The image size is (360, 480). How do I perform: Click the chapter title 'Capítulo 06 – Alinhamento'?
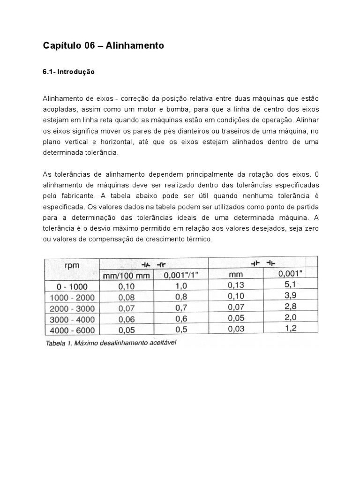point(104,45)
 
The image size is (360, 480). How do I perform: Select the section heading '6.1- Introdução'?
point(69,72)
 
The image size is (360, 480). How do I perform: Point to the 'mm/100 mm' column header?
point(126,276)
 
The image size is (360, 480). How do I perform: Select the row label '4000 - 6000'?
point(72,330)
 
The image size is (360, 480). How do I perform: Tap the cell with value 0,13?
point(236,284)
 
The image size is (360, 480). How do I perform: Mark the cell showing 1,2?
point(291,328)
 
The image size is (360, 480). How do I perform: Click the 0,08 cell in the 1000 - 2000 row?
point(126,297)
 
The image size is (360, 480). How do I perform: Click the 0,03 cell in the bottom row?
point(236,328)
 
